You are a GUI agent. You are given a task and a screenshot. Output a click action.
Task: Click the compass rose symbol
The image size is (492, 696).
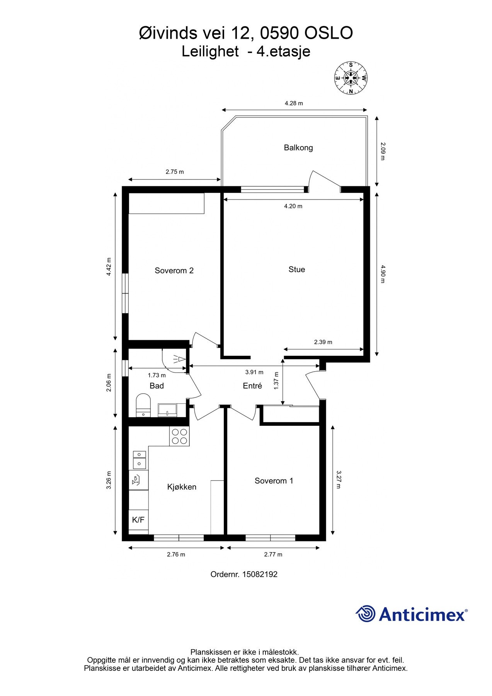[x=351, y=78]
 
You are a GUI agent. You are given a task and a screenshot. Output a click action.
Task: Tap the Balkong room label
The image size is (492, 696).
[x=298, y=148]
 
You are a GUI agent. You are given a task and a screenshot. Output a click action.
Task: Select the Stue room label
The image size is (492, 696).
[x=297, y=270]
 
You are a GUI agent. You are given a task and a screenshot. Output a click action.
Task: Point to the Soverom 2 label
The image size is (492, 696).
[x=174, y=271]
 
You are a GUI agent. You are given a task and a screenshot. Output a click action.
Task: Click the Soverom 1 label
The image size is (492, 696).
[x=274, y=481]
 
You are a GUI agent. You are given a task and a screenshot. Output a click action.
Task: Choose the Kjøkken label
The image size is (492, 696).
[x=182, y=487]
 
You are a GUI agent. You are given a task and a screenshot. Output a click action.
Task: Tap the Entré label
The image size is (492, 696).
[x=252, y=386]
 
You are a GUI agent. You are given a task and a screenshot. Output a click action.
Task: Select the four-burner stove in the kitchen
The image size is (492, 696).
[x=179, y=436]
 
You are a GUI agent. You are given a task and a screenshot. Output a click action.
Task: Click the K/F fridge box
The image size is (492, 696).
[x=138, y=520]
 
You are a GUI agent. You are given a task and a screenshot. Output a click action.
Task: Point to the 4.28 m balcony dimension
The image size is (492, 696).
[x=294, y=103]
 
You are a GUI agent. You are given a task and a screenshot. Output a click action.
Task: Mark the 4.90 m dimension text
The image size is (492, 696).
[x=383, y=274]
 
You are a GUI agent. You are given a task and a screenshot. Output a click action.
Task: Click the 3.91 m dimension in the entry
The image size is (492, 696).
[x=254, y=372]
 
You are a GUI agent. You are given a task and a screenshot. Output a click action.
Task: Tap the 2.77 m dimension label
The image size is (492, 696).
[x=273, y=554]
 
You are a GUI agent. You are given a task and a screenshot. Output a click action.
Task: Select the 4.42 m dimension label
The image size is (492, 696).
[x=109, y=267]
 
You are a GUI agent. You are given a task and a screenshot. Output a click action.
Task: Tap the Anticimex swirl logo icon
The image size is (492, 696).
[x=366, y=614]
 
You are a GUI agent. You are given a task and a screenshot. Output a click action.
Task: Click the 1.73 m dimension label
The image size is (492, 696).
[x=157, y=375]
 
